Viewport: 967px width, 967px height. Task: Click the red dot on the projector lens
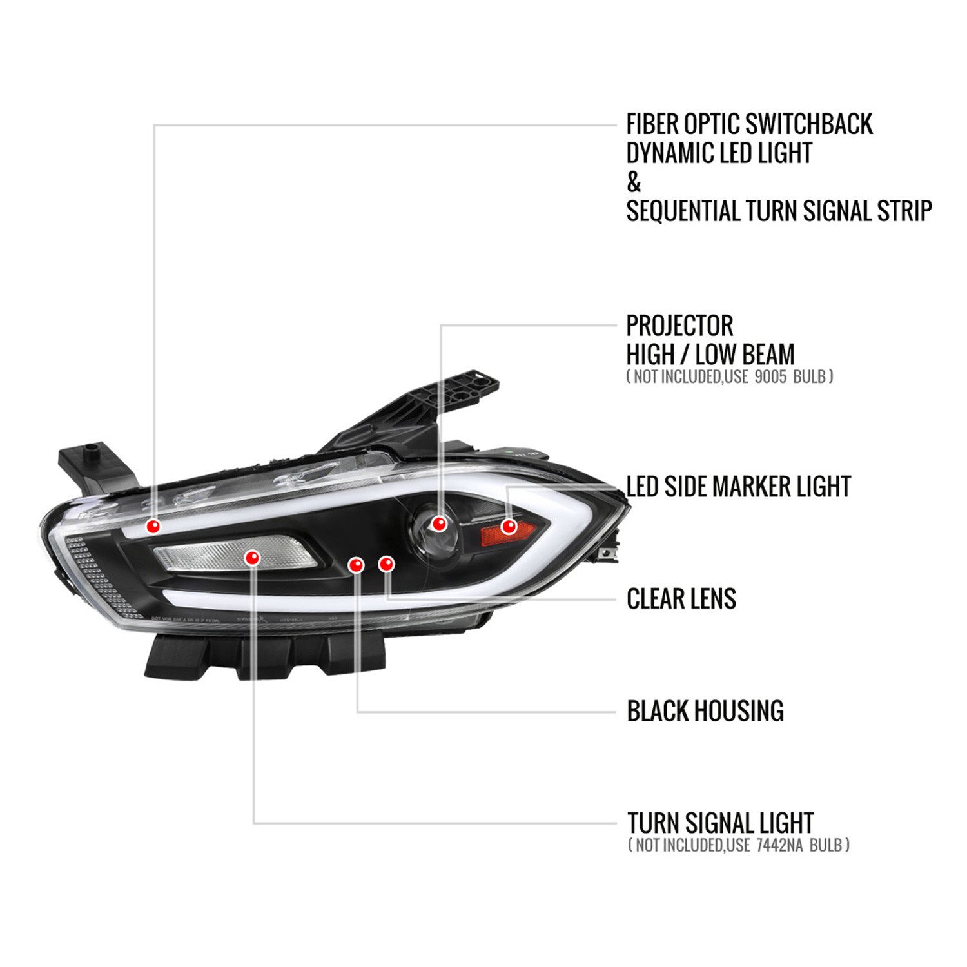point(440,523)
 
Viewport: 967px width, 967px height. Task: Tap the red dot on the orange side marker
point(509,526)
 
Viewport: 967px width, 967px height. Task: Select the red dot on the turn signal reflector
point(252,558)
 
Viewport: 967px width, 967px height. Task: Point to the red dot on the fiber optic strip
point(153,526)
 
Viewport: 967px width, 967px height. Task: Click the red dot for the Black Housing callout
point(356,565)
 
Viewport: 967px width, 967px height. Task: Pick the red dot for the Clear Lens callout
point(386,564)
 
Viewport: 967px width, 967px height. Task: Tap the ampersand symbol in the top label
point(634,182)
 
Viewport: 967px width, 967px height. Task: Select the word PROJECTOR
point(679,326)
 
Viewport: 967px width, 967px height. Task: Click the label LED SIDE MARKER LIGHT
point(739,487)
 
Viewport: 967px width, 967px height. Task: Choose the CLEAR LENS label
point(681,599)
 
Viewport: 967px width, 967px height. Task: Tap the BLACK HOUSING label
point(705,710)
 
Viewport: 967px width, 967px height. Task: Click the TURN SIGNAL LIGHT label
point(721,823)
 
